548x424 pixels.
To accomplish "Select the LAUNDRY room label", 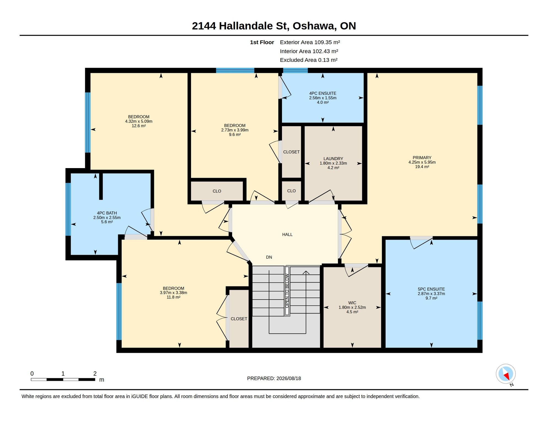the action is coord(333,159).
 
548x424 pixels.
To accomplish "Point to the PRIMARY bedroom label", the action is coord(422,158).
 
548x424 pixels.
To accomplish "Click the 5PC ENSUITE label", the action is coord(431,289).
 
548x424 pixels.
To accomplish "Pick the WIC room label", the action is coord(352,303).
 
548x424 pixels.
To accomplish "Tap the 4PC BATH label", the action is coord(107,213).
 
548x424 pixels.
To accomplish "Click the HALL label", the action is coord(287,235).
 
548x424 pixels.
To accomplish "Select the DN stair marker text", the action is coord(269,257).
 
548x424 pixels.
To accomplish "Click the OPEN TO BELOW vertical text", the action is coord(287,291).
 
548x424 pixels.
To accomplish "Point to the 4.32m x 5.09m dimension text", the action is coord(139,121).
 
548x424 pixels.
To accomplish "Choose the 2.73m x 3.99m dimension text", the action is coord(235,130).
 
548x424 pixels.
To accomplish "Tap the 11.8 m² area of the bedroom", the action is coord(174,297).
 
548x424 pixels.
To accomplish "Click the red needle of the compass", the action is coord(507,376).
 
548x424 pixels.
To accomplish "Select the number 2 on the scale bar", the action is coord(95,374).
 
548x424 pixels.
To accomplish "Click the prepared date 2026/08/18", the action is coord(289,378).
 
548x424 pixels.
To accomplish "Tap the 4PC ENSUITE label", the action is coord(323,93).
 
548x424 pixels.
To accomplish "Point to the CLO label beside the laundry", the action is coord(291,191).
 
